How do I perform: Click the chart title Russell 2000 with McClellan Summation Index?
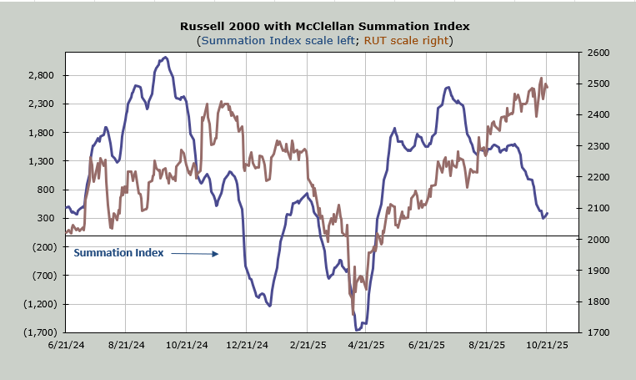coord(318,26)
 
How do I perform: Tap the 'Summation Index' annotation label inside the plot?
coord(118,252)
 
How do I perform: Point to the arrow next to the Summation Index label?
coord(194,253)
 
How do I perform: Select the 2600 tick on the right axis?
coord(598,53)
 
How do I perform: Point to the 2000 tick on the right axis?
coord(598,240)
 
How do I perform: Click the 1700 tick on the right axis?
coord(598,332)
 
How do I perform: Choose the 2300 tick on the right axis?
coord(598,146)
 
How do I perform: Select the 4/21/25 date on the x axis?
coord(365,344)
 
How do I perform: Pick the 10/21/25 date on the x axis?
coord(547,344)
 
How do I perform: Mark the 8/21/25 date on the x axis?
coord(486,344)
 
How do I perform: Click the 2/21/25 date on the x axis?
coord(306,344)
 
